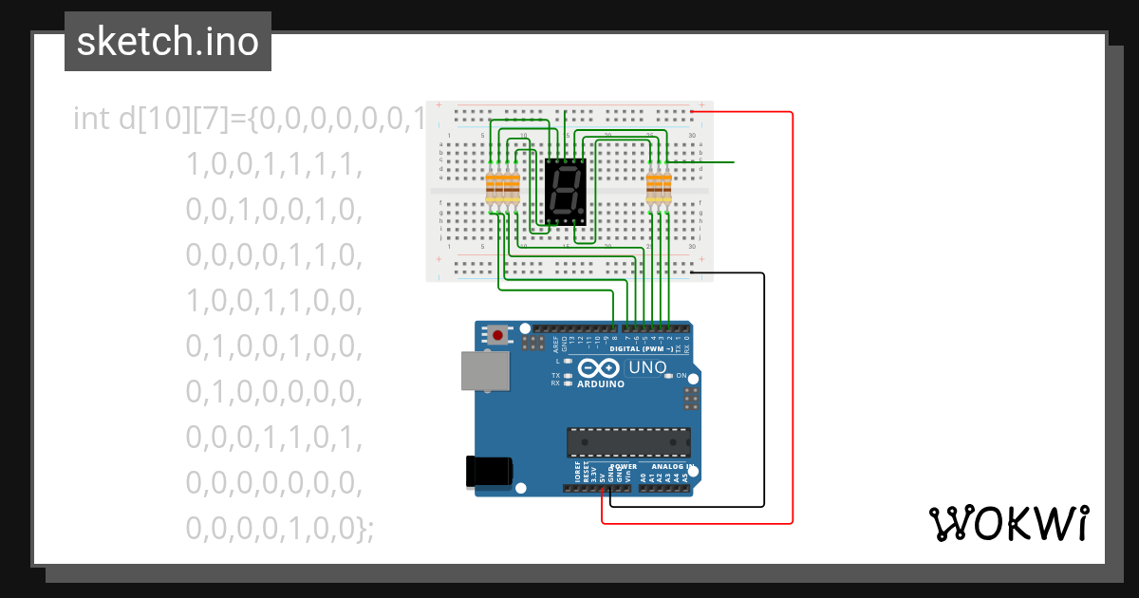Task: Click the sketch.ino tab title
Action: point(168,42)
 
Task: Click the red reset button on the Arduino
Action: point(497,334)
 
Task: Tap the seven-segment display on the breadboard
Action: point(566,191)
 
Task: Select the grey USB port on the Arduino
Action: point(485,370)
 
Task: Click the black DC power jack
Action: point(490,472)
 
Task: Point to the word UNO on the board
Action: point(648,367)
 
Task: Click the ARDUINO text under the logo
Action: point(601,384)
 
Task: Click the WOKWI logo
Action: point(1007,523)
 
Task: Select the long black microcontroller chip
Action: point(628,442)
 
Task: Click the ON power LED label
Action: point(682,376)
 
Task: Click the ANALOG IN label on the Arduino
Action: point(670,467)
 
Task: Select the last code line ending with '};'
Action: point(280,528)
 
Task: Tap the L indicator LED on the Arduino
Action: point(568,362)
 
